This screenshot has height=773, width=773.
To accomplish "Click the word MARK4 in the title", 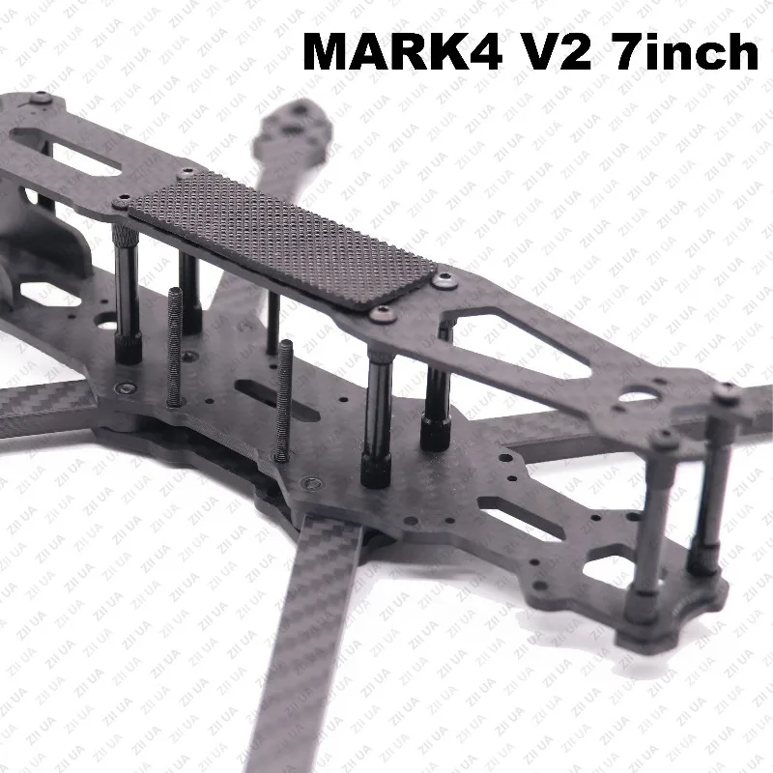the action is click(x=403, y=51).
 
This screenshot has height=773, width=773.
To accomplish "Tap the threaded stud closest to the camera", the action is click(x=283, y=400).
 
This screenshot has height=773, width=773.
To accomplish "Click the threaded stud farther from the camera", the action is click(x=175, y=347).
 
